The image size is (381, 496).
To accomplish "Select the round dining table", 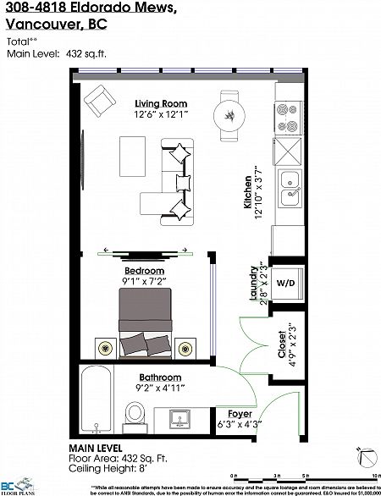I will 229,113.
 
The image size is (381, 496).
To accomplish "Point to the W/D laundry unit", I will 286,283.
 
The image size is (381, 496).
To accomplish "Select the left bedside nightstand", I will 104,346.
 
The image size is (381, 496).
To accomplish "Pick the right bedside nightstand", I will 185,346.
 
